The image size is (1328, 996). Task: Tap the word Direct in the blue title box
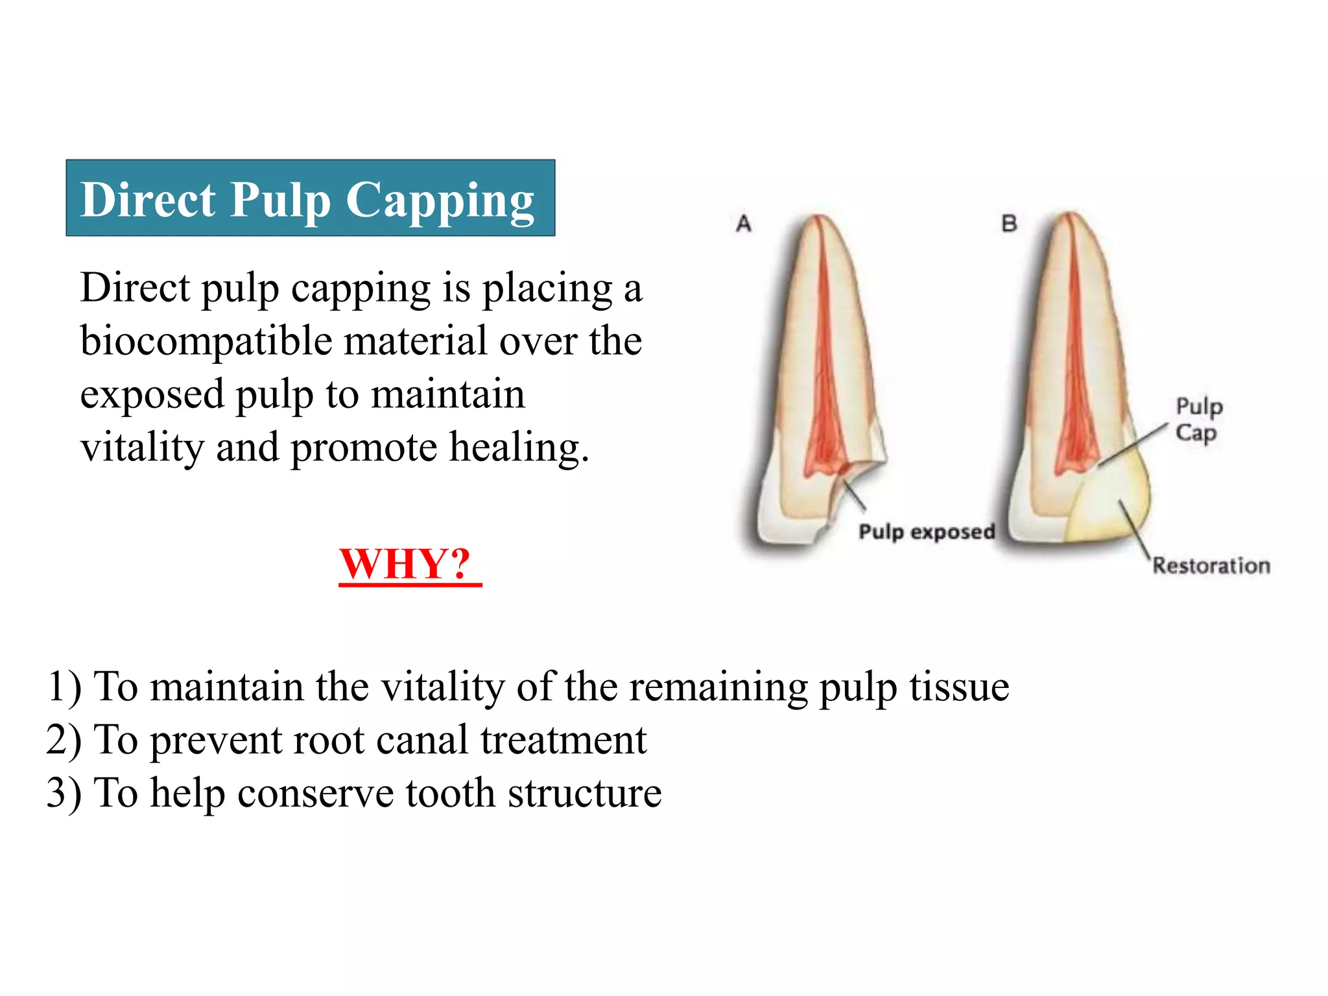(x=148, y=200)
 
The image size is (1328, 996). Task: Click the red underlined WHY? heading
(x=406, y=564)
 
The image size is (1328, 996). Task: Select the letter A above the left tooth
(x=744, y=224)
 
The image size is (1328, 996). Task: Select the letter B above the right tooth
(x=1009, y=224)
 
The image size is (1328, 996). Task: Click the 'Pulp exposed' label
(x=926, y=532)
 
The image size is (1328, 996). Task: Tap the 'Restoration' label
(x=1211, y=566)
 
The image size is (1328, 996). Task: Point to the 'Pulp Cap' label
(x=1198, y=420)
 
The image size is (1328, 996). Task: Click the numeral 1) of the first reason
(x=64, y=687)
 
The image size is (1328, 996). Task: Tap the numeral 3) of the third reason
(x=64, y=793)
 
